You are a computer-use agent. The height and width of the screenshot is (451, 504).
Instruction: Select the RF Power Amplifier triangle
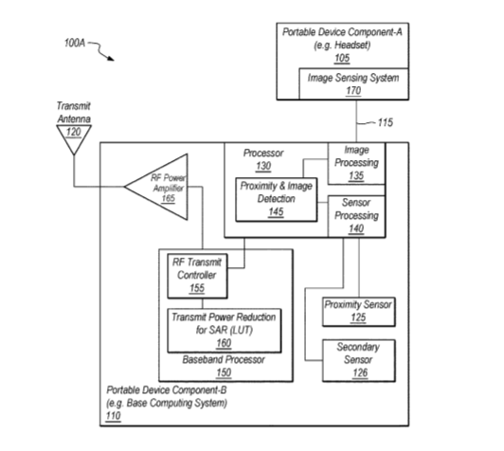[156, 187]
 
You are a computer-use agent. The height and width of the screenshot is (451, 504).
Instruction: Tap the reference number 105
[342, 58]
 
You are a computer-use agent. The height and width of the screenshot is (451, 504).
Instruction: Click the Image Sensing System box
[353, 83]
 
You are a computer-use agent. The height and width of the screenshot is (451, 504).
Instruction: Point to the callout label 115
[385, 122]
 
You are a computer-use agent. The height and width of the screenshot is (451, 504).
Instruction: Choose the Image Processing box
[356, 163]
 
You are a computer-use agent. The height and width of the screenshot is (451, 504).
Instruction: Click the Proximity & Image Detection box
[277, 199]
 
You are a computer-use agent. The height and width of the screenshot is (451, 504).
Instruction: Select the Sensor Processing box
[356, 216]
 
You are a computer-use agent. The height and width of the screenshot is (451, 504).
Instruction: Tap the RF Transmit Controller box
[197, 276]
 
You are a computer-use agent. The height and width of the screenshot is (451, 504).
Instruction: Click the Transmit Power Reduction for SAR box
[224, 331]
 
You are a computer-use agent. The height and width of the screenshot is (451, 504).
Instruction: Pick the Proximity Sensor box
[359, 312]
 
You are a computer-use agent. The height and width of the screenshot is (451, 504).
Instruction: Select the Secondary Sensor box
[359, 360]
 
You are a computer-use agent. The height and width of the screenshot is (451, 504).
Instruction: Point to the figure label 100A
[75, 43]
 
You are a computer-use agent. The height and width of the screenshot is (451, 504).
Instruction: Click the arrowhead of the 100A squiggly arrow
[111, 59]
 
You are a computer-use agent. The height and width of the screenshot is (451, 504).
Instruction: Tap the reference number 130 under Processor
[263, 166]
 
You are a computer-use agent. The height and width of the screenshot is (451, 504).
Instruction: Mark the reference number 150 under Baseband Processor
[224, 372]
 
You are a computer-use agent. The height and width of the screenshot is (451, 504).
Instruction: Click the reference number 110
[113, 416]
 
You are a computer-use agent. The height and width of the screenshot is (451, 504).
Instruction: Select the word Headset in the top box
[352, 45]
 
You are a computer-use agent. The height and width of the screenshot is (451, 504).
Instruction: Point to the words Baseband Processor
[224, 359]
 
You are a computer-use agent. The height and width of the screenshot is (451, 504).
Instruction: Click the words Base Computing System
[177, 403]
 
